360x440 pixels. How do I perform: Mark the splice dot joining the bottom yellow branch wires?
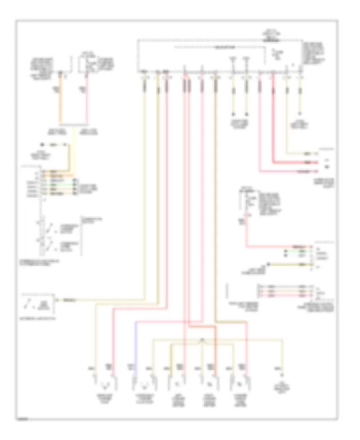[202, 340]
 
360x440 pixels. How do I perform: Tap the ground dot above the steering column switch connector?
[41, 145]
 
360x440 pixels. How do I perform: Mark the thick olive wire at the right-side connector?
[288, 264]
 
